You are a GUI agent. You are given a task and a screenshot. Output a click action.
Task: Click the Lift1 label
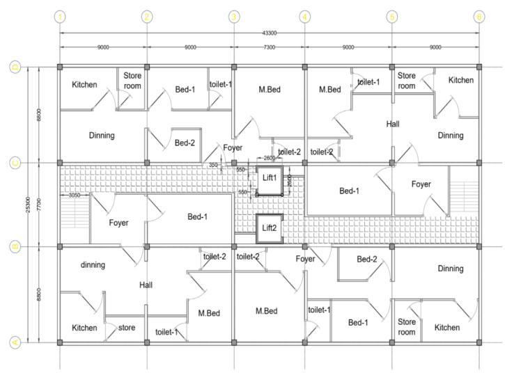269,178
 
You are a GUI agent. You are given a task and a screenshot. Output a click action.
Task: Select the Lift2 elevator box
269,228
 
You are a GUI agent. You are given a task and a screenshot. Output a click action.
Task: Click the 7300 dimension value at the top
268,48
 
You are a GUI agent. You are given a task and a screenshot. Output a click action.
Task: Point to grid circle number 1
61,17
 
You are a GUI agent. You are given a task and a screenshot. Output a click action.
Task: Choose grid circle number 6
479,17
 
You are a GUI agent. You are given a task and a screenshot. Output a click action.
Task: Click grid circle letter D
14,67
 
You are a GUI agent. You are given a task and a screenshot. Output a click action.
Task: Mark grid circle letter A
14,342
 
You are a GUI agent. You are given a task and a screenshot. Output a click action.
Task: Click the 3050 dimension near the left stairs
74,196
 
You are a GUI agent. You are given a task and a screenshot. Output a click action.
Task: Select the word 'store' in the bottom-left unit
126,327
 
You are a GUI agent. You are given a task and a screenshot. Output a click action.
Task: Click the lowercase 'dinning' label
93,265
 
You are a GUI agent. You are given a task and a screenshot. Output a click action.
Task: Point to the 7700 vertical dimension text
39,205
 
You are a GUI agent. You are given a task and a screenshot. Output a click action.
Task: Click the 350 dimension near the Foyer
213,165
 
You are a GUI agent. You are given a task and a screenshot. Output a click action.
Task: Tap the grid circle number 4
304,17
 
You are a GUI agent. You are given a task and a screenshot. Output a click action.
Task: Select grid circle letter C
14,163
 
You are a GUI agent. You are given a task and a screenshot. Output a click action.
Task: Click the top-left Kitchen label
84,85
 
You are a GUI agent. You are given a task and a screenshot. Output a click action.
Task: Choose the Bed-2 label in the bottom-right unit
367,260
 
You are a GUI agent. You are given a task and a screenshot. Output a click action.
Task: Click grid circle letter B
14,246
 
